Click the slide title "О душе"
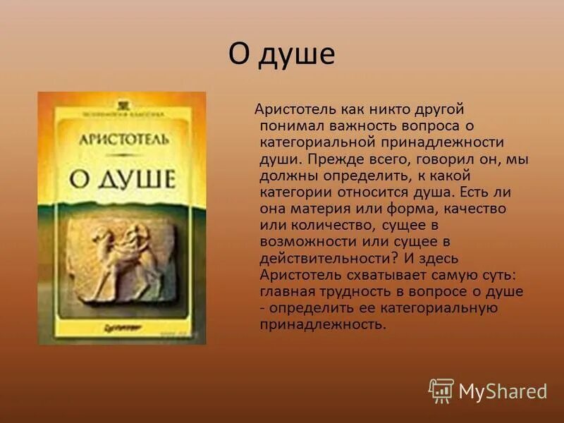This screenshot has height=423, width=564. coord(281,54)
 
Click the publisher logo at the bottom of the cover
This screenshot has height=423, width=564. coord(120,327)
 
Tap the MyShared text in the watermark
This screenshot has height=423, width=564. coord(503,391)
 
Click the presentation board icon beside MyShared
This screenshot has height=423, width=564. coord(441,390)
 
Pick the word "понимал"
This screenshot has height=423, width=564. coord(290,125)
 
